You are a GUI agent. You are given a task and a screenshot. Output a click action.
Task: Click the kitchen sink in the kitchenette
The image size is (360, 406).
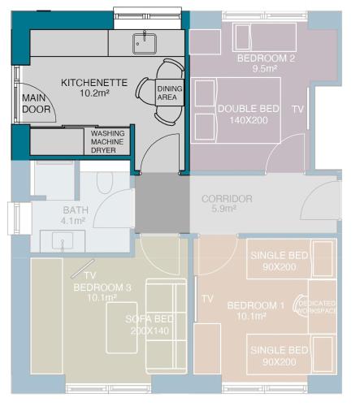(145, 44)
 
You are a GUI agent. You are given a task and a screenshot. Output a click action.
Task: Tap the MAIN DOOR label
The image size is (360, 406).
(37, 104)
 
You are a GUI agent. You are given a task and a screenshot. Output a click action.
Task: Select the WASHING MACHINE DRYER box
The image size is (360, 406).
(107, 141)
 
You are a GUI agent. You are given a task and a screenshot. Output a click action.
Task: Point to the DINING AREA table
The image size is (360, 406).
(170, 93)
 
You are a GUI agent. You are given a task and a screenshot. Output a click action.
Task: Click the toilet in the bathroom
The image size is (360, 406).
(105, 182)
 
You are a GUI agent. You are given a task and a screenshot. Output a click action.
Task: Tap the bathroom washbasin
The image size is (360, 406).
(63, 240)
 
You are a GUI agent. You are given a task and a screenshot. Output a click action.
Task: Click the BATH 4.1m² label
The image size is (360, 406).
(74, 215)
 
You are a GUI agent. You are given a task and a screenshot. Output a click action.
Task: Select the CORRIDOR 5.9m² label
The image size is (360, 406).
(227, 203)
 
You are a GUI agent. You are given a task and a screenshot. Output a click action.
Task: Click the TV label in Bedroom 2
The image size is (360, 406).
(297, 109)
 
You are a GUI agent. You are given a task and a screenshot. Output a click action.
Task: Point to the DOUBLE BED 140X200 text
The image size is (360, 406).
(249, 114)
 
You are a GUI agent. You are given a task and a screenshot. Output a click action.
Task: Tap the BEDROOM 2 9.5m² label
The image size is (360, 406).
(266, 63)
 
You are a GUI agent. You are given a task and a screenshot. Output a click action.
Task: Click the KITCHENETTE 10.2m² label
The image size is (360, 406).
(94, 88)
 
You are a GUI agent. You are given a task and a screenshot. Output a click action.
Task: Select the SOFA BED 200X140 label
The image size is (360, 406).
(150, 325)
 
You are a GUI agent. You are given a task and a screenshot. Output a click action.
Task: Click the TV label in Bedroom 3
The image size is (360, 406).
(90, 275)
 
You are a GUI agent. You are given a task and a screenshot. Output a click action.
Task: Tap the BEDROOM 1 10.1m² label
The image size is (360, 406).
(256, 311)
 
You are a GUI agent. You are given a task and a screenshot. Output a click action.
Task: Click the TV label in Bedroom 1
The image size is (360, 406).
(207, 299)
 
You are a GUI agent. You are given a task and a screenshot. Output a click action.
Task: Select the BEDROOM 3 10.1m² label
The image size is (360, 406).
(102, 292)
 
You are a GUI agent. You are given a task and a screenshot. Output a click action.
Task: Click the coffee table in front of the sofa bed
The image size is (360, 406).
(122, 328)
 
